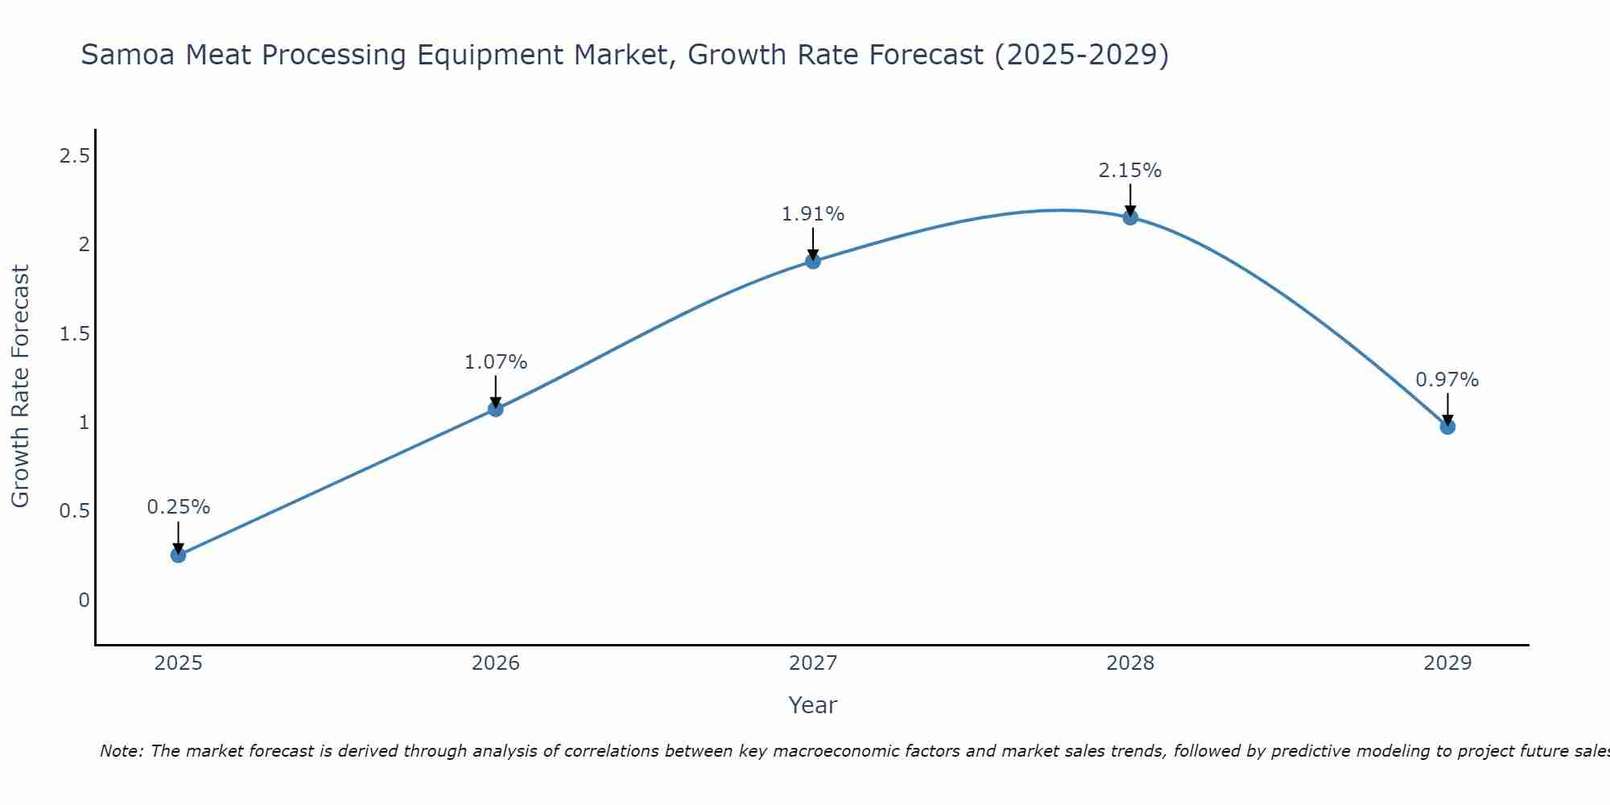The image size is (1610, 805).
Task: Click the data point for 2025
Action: tap(178, 555)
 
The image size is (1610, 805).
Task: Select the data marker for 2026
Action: tap(495, 409)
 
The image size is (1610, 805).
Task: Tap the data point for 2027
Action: tap(812, 261)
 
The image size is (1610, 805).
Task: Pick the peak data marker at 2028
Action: tap(1129, 217)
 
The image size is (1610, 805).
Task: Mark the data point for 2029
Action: tap(1447, 427)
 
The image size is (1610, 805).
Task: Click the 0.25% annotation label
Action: tap(178, 507)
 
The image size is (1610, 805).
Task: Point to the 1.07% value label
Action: tap(495, 362)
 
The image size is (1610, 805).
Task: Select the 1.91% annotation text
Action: tap(812, 214)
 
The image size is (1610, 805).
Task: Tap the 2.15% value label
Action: tap(1129, 171)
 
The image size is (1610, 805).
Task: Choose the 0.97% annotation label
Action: tap(1447, 380)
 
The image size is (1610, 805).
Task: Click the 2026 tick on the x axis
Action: tap(495, 663)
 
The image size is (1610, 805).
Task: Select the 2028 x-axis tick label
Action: tap(1129, 663)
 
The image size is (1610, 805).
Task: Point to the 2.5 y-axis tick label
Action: tap(74, 156)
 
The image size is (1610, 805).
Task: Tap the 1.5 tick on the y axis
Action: tap(74, 334)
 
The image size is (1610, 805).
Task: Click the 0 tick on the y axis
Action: tap(84, 601)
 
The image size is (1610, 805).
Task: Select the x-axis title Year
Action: tap(812, 705)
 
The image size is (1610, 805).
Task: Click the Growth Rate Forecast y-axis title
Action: tap(20, 386)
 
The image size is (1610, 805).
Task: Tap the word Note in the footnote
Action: tap(121, 751)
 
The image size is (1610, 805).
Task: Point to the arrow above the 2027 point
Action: tap(812, 243)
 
